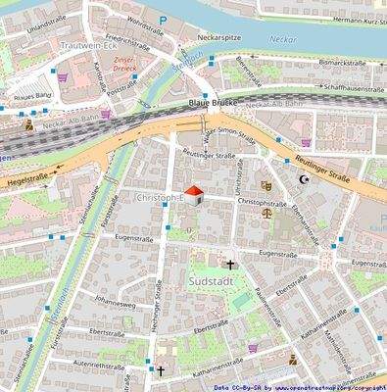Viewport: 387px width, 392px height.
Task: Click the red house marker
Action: pos(194,194)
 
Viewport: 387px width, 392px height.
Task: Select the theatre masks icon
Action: pos(266,184)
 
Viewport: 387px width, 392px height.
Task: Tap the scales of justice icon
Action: pos(266,210)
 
